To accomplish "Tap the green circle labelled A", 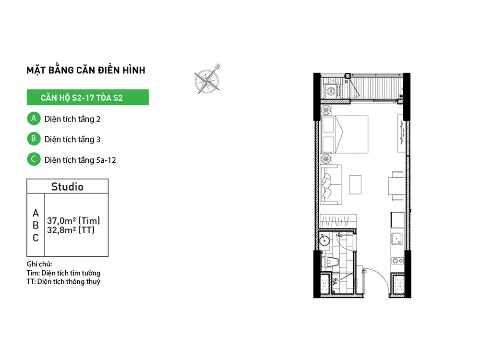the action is [34, 119].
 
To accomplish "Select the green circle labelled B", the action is [34, 139].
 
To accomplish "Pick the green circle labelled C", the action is [34, 159].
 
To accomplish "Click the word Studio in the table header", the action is [67, 187].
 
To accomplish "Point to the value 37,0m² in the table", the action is [61, 220].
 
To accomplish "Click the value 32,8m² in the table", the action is [61, 230].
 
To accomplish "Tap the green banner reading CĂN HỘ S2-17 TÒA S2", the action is [87, 97].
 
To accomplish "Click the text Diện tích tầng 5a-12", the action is [80, 160].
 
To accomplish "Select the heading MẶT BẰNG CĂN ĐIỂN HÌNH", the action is [86, 70].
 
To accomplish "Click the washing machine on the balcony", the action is [331, 91].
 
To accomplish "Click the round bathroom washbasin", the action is [324, 240].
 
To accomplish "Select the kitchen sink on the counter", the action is [397, 239].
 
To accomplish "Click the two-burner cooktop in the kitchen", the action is [398, 261].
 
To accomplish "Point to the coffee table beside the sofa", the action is [355, 184].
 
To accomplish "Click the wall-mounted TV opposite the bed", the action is [402, 132].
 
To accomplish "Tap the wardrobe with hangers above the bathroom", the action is [338, 221].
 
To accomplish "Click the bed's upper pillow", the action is [328, 124].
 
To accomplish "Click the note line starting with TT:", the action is [63, 282].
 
